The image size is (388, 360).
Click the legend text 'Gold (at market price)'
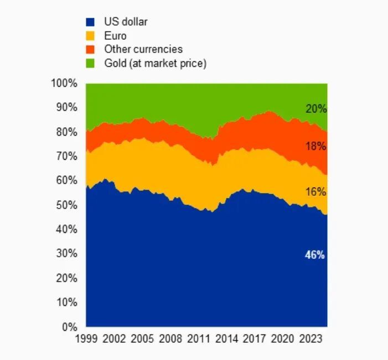point(155,64)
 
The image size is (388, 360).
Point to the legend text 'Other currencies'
point(143,50)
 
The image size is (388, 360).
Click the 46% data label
point(315,255)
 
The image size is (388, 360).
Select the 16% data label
point(316,192)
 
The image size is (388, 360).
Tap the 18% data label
point(316,147)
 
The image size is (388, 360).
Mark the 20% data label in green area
point(316,109)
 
